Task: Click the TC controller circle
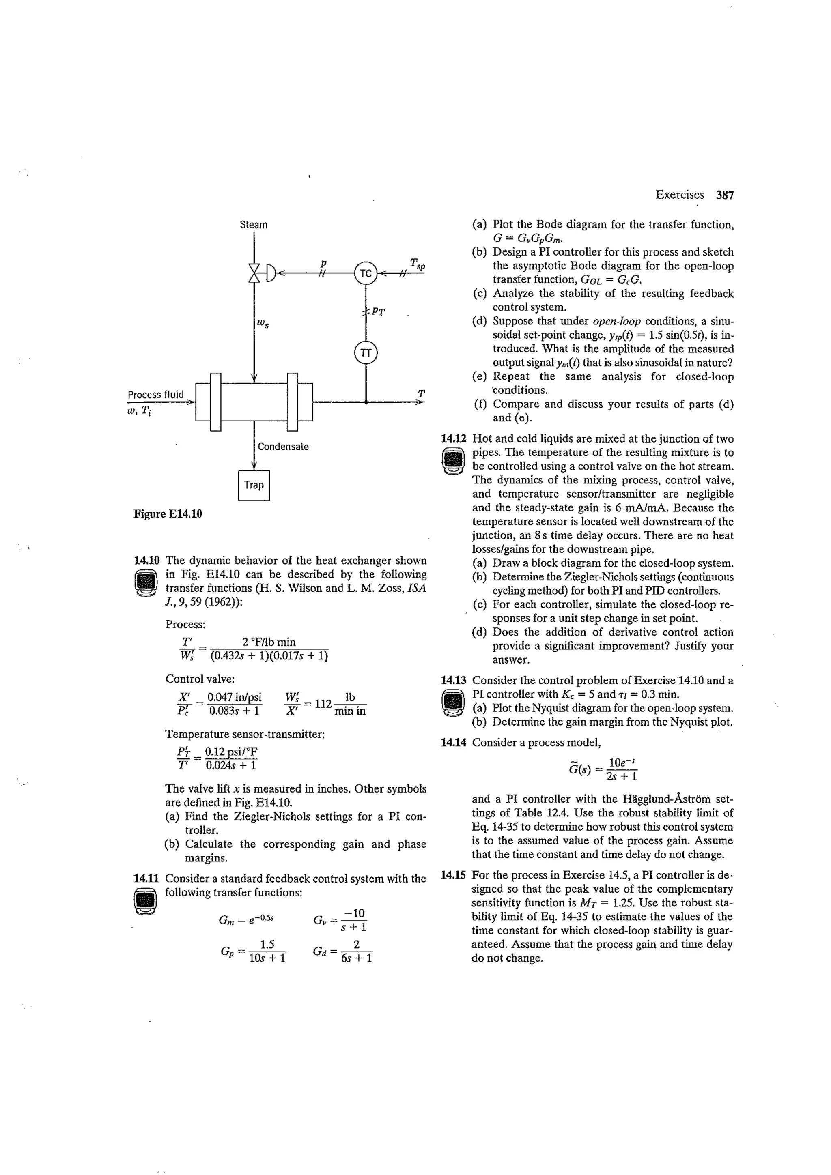tap(366, 273)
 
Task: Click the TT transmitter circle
tap(366, 352)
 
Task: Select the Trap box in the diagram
tap(254, 485)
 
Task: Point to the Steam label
tap(254, 225)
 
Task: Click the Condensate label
tap(283, 446)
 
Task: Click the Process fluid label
tap(156, 395)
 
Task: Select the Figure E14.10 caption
tap(168, 514)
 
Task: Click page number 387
tap(725, 195)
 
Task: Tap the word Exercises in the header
tap(679, 195)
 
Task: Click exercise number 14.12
tap(454, 438)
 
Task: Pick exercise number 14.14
tap(454, 742)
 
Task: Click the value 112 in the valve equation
tap(323, 704)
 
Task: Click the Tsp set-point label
tap(417, 264)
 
